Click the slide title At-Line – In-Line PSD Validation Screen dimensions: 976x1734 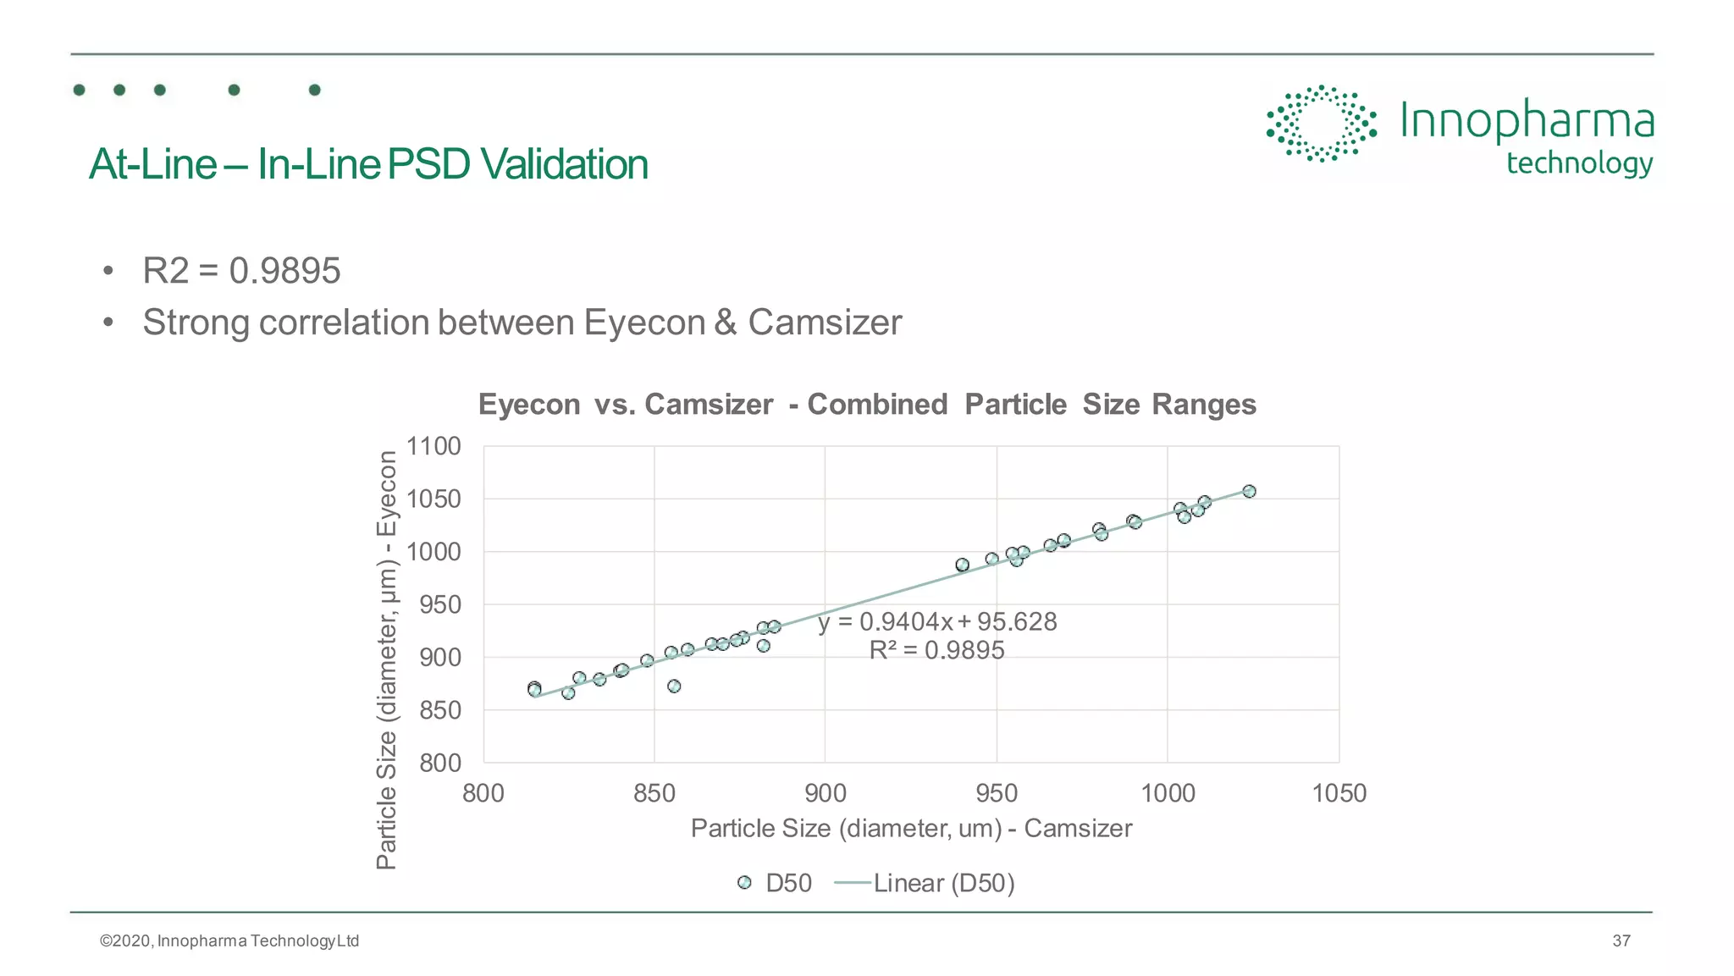point(368,164)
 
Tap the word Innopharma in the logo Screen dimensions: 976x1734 point(1526,121)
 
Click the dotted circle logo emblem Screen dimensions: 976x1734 point(1321,124)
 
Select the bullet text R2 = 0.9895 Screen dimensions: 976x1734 point(241,271)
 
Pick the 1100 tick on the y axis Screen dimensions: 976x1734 point(433,446)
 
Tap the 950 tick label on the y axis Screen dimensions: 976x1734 point(439,604)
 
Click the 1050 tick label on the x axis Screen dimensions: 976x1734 point(1339,793)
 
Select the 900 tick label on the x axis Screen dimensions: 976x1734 point(825,793)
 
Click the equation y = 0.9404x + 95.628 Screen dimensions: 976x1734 point(937,622)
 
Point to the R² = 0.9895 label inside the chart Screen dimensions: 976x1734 point(936,650)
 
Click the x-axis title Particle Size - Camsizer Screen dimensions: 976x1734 point(911,828)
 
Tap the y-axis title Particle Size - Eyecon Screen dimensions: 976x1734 point(386,659)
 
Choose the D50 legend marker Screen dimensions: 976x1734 point(744,883)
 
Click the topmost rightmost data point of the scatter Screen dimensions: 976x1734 point(1249,491)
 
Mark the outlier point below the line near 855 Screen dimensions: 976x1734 point(674,686)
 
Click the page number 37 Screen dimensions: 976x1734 point(1621,940)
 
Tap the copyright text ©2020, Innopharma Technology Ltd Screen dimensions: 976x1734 point(229,940)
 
